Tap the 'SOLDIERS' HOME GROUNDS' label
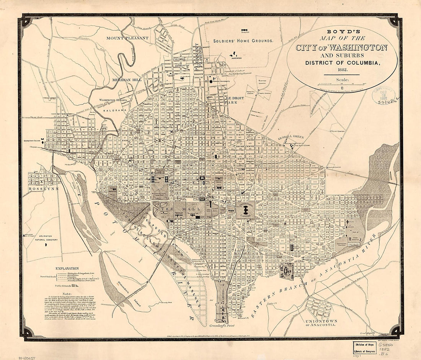pos(243,40)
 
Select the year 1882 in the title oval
pos(342,69)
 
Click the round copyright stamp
pos(383,95)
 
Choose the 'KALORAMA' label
pos(115,110)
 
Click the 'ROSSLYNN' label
pos(40,189)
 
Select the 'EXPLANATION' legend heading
pos(67,268)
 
